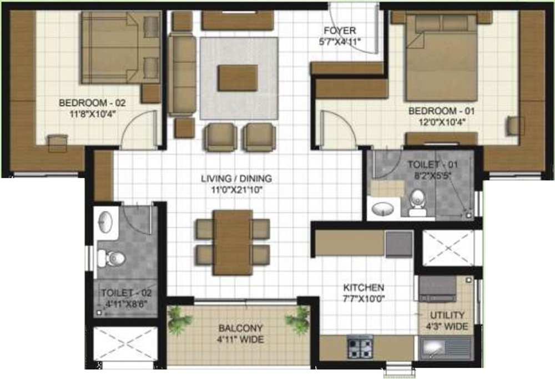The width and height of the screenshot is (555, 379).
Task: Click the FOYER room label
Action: click(340, 31)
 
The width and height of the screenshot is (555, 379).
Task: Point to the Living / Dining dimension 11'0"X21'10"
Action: click(236, 189)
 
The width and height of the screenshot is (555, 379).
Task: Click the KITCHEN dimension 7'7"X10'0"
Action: click(364, 298)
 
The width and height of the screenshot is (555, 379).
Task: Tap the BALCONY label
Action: click(240, 328)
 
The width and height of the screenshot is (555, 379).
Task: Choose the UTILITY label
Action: click(448, 315)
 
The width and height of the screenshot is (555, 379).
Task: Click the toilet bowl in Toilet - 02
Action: click(113, 258)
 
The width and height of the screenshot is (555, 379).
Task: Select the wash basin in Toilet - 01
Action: click(382, 209)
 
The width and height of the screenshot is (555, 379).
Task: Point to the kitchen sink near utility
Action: click(443, 349)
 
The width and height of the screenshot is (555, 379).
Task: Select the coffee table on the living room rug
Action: click(238, 78)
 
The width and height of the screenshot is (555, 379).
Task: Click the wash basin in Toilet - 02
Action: click(105, 223)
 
